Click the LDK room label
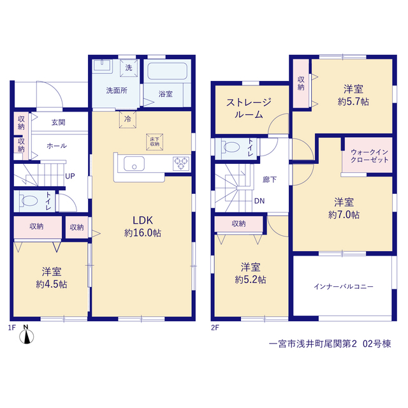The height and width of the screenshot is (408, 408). [x=143, y=221]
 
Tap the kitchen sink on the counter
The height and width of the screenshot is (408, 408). [x=134, y=163]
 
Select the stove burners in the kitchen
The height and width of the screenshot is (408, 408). [x=181, y=164]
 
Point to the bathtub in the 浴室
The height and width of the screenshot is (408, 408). [x=167, y=71]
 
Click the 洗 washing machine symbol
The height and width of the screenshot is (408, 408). [x=129, y=68]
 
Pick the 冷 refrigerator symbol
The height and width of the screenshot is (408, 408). [x=127, y=119]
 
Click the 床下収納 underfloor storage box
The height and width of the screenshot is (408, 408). [x=154, y=142]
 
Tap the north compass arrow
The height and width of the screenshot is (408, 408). [x=27, y=336]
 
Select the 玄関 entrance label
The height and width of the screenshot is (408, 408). [x=58, y=122]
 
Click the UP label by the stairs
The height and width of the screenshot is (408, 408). [x=70, y=176]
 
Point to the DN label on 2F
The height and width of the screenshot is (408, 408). [x=259, y=201]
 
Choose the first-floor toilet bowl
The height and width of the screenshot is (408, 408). [x=29, y=201]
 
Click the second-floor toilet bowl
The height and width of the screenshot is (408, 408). [x=231, y=147]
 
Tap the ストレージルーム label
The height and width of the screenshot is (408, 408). [x=249, y=108]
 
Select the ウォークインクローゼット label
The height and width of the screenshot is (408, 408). [x=370, y=156]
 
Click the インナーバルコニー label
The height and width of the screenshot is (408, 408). [x=344, y=286]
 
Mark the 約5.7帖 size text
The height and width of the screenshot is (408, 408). [x=353, y=101]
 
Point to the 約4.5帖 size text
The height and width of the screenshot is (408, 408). [x=52, y=284]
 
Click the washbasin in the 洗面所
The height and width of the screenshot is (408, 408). [x=103, y=65]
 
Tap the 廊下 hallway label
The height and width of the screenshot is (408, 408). [x=269, y=180]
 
